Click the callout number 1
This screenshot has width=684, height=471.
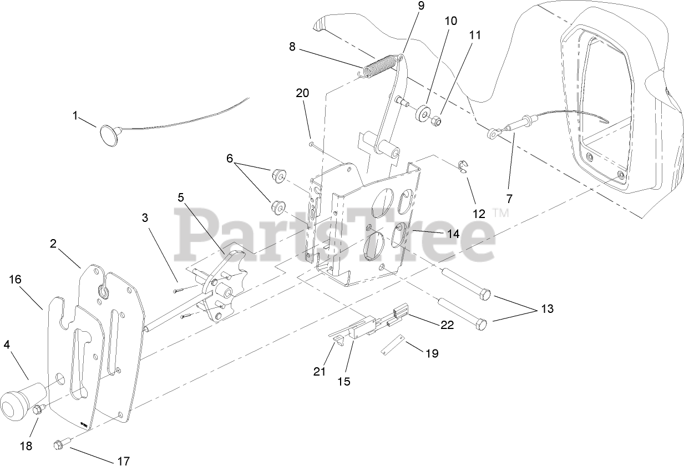[x=76, y=116]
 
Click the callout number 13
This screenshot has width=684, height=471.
[x=548, y=309]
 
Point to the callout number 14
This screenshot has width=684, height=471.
[x=453, y=234]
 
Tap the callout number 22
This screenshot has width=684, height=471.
[x=447, y=325]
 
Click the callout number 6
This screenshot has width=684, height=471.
[x=229, y=158]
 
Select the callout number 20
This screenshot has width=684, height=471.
[x=302, y=93]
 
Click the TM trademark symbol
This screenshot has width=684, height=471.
[x=501, y=212]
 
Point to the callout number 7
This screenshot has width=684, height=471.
[x=509, y=199]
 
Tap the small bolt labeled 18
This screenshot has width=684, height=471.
[x=38, y=409]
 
